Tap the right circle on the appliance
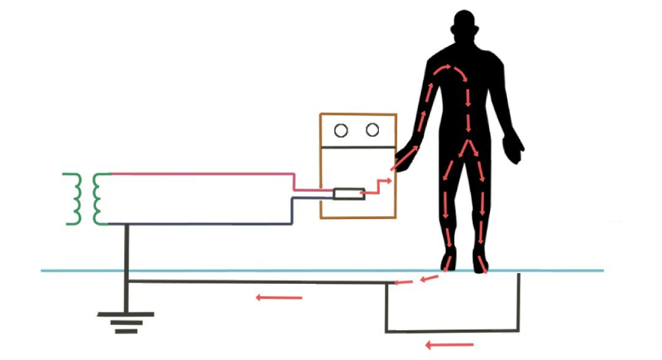pyautogui.click(x=372, y=130)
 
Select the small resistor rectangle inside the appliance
pyautogui.click(x=349, y=195)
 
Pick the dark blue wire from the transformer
pyautogui.click(x=205, y=224)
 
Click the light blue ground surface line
pyautogui.click(x=228, y=270)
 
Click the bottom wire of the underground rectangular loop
pyautogui.click(x=452, y=331)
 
